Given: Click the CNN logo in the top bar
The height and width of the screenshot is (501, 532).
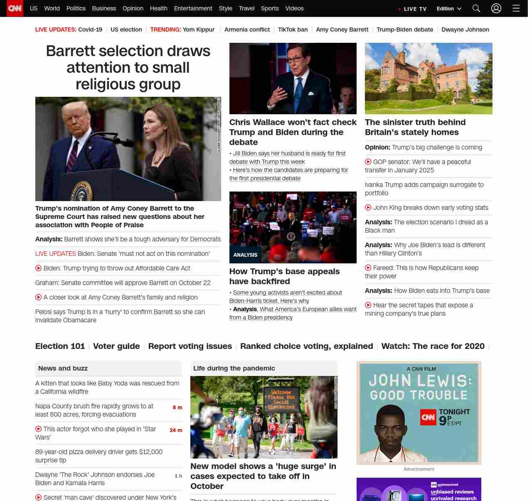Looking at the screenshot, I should (15, 8).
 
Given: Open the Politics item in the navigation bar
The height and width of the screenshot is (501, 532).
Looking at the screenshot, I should (76, 8).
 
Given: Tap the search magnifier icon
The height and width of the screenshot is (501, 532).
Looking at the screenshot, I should (476, 8).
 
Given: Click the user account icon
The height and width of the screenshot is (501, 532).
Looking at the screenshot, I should (496, 8).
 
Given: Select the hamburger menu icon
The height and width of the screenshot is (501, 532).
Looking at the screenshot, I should (516, 8).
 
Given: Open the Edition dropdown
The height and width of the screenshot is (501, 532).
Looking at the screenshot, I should (449, 8).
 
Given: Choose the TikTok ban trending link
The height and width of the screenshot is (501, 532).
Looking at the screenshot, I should (293, 29).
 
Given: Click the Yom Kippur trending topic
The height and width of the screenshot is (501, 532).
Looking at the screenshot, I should (198, 29).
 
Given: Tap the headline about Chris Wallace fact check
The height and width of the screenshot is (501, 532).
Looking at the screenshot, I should (293, 132).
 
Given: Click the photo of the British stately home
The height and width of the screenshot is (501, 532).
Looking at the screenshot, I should (429, 79).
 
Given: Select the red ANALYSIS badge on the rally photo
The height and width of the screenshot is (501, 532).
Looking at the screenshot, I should (245, 255).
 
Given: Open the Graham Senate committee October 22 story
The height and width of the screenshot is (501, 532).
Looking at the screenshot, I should (123, 283).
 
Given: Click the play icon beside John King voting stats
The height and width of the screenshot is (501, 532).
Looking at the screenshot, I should (368, 208).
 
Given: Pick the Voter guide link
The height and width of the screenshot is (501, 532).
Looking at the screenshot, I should (116, 346).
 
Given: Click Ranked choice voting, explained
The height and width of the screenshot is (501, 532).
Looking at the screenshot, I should (306, 346).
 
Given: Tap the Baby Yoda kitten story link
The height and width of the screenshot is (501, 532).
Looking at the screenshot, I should (107, 387).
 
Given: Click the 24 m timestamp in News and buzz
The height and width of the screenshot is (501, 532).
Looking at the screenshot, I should (176, 430).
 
